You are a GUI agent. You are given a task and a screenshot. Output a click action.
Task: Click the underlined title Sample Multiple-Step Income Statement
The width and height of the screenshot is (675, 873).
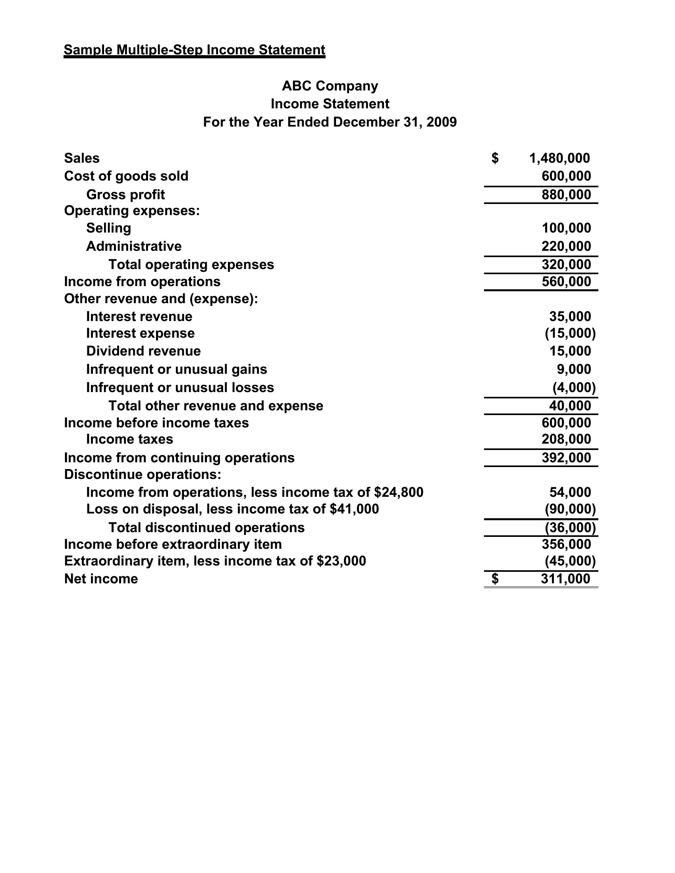point(194,50)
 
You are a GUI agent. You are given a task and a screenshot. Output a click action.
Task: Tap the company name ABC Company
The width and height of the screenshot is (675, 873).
point(330,86)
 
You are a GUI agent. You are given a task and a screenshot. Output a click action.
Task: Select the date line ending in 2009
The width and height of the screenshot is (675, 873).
point(330,122)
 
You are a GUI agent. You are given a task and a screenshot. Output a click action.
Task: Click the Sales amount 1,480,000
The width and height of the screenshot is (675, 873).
point(559,158)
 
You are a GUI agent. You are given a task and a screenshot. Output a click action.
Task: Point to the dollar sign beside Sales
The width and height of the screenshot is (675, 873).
point(495,158)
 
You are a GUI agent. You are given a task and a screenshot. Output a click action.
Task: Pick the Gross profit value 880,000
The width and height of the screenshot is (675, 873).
point(566,195)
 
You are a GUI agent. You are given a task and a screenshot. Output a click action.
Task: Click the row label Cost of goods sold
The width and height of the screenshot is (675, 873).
point(126,176)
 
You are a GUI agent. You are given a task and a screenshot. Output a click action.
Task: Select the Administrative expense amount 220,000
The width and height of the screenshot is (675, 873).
point(566,246)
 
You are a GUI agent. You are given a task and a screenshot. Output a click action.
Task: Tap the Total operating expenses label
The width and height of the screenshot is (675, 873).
point(191,265)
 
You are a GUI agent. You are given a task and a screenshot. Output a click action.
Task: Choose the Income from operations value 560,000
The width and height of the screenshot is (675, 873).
point(566,282)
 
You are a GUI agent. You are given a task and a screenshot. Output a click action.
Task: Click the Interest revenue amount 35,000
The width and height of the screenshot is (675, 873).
point(570,317)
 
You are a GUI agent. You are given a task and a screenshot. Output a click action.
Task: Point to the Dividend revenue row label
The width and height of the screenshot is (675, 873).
point(144,351)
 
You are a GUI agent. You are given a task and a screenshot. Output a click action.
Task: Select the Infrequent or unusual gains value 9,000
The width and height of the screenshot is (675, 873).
point(574,369)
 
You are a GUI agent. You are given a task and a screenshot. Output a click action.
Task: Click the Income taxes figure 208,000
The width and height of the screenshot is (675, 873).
point(566,439)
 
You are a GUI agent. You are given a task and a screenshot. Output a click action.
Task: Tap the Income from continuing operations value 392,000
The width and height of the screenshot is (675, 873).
point(566,458)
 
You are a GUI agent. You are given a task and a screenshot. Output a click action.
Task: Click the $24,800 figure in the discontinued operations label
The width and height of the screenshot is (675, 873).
point(399,492)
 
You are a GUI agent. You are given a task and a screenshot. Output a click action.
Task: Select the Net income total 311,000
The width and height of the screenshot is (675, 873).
point(565,579)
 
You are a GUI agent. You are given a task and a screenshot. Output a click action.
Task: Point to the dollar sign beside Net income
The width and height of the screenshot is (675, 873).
point(495,579)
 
